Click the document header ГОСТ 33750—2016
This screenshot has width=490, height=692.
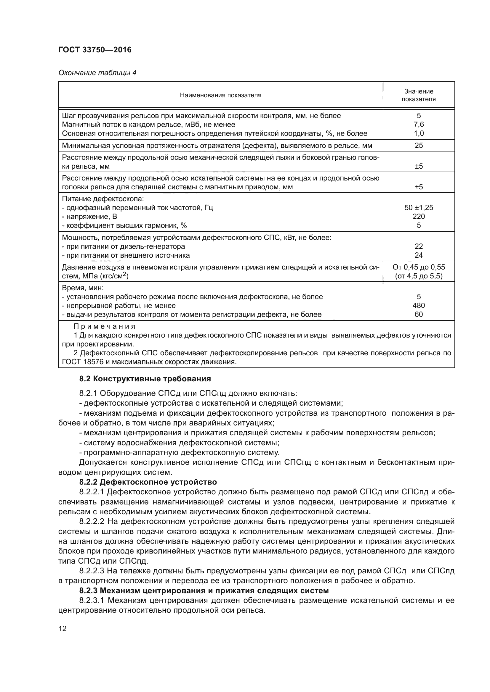(95, 50)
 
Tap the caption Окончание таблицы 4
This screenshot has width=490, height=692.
(97, 73)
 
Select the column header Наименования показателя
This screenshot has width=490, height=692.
(221, 95)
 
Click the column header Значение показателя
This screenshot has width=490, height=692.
(419, 95)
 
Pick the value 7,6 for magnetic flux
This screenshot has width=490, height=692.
(419, 125)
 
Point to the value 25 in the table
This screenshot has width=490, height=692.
(419, 146)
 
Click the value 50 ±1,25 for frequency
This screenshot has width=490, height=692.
(419, 208)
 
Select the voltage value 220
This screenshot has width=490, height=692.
(419, 216)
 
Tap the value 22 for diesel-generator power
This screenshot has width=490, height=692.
(419, 246)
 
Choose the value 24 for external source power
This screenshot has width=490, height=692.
(419, 255)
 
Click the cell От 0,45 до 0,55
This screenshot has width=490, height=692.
(419, 267)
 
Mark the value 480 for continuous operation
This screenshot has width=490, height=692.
(419, 306)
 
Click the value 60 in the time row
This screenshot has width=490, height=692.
(419, 315)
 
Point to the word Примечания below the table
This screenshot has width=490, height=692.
(105, 326)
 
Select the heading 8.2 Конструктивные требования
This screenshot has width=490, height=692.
(145, 379)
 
